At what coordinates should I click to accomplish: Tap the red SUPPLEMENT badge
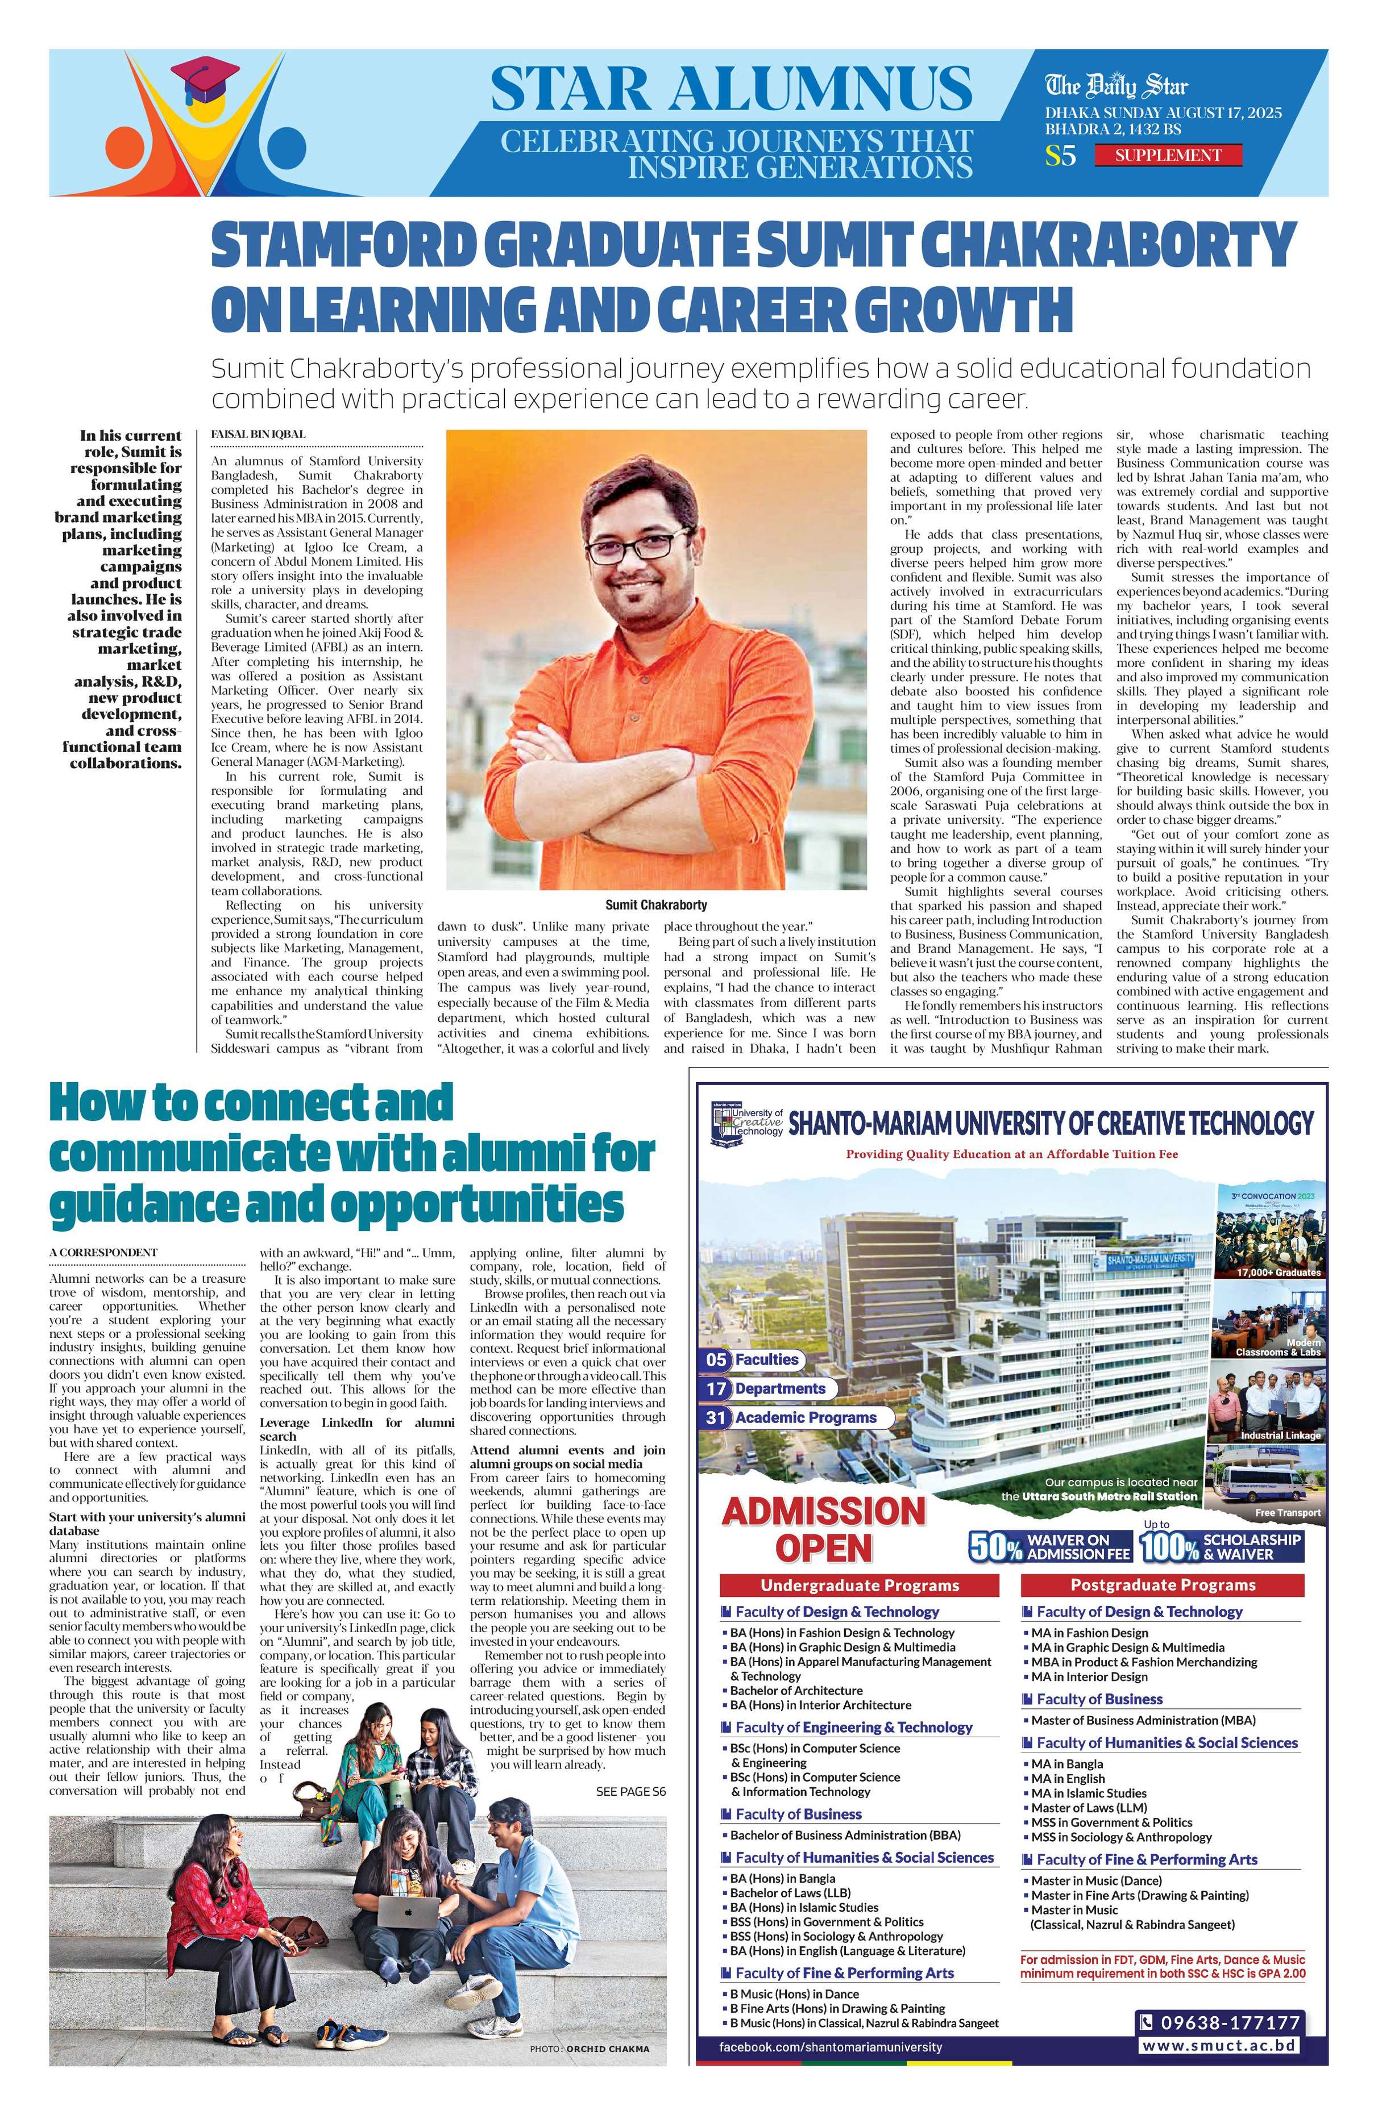(x=1167, y=156)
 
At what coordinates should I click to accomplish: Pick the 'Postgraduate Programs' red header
(x=1162, y=1584)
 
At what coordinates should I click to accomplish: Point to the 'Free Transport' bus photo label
(x=1287, y=1512)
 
